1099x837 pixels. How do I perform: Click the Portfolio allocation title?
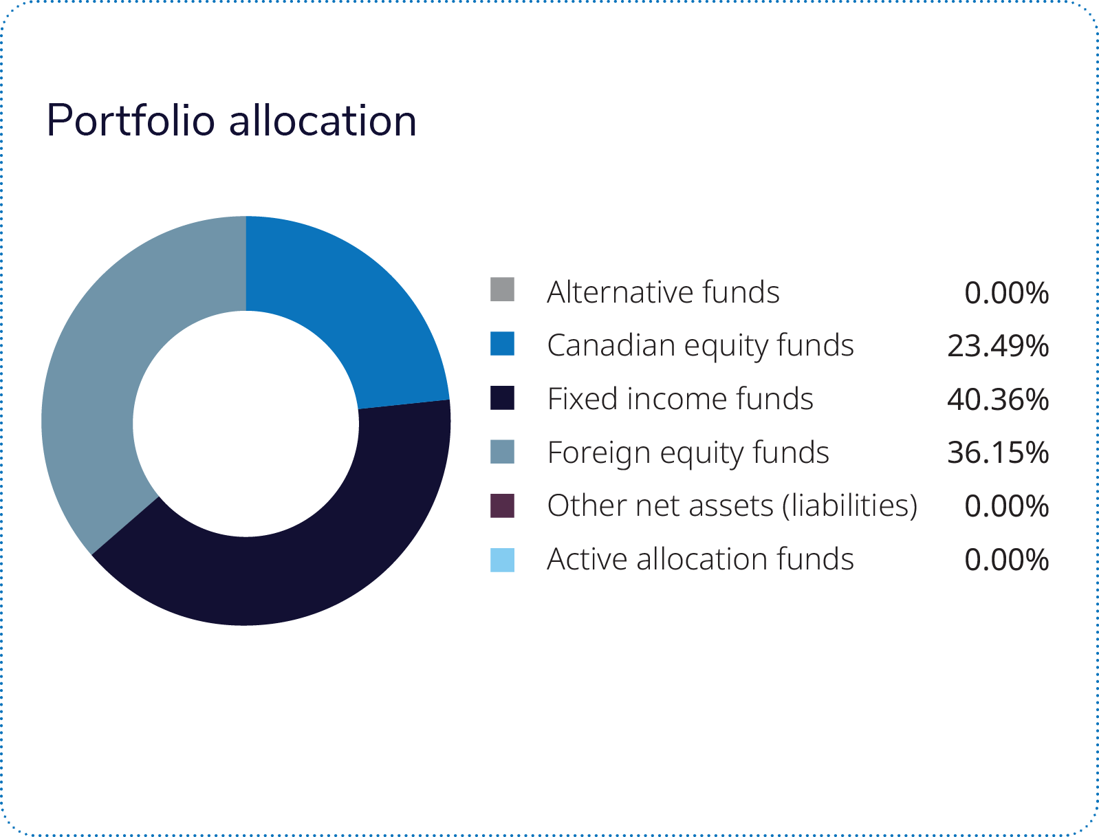coord(231,120)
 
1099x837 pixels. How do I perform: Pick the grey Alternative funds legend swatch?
coord(502,290)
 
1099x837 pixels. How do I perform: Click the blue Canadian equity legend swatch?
coord(502,343)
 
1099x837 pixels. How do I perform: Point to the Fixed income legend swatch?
coord(502,398)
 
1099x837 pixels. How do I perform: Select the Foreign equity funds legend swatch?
coord(502,451)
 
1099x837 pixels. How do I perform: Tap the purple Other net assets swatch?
coord(502,505)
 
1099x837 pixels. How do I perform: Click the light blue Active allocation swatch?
coord(502,559)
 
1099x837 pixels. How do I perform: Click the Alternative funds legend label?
coord(663,292)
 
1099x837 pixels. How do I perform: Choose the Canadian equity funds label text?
coord(700,345)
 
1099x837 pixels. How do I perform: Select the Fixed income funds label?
coord(680,399)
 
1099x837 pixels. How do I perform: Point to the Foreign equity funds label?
coord(688,453)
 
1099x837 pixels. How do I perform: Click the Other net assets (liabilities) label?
coord(732,506)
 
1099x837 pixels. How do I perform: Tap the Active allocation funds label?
coord(700,559)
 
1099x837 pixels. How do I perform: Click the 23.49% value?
coord(997,346)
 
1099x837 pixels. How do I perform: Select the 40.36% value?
coord(997,400)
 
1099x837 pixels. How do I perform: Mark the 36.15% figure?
coord(997,453)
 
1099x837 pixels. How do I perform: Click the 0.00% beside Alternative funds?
coord(1006,293)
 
